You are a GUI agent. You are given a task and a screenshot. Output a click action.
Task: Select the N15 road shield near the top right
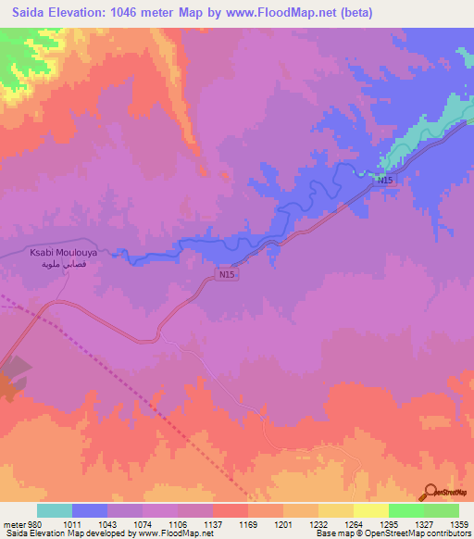(386, 182)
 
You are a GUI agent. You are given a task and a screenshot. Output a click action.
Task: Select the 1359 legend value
(447, 523)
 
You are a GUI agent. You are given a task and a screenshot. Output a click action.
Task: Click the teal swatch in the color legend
(55, 510)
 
